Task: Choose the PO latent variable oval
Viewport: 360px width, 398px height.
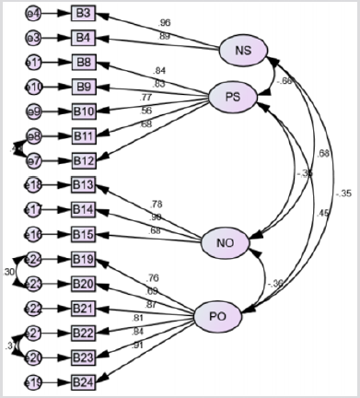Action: [x=218, y=317]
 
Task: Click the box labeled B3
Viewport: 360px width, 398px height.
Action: [x=84, y=14]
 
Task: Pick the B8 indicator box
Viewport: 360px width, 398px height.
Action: [x=84, y=62]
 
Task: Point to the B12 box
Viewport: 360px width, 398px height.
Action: [x=84, y=160]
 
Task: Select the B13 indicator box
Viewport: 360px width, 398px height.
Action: [x=84, y=184]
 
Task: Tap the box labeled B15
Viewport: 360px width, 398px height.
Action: [x=84, y=233]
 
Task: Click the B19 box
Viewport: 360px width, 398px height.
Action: [x=84, y=258]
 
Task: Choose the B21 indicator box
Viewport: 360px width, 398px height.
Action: [x=84, y=307]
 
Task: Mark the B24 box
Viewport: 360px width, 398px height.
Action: [x=84, y=380]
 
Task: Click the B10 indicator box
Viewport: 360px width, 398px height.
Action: [x=84, y=111]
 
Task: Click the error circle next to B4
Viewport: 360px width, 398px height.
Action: [x=32, y=38]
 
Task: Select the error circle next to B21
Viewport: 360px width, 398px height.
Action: [x=32, y=307]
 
